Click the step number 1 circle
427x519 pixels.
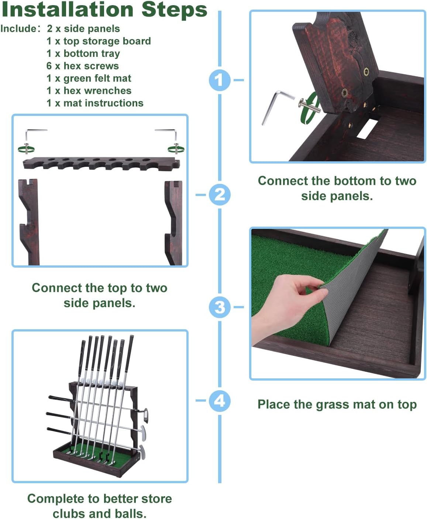coord(219,80)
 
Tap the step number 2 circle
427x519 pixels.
coord(219,195)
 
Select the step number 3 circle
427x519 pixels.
coord(219,307)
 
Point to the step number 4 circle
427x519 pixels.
coord(219,401)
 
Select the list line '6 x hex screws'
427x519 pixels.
coord(83,66)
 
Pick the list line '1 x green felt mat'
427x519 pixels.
coord(89,78)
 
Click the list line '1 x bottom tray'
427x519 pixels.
coord(83,54)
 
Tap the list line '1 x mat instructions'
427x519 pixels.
coord(95,103)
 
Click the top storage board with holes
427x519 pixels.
coord(101,163)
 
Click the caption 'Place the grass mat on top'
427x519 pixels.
coord(337,405)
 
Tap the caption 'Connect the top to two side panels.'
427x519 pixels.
coord(100,295)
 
